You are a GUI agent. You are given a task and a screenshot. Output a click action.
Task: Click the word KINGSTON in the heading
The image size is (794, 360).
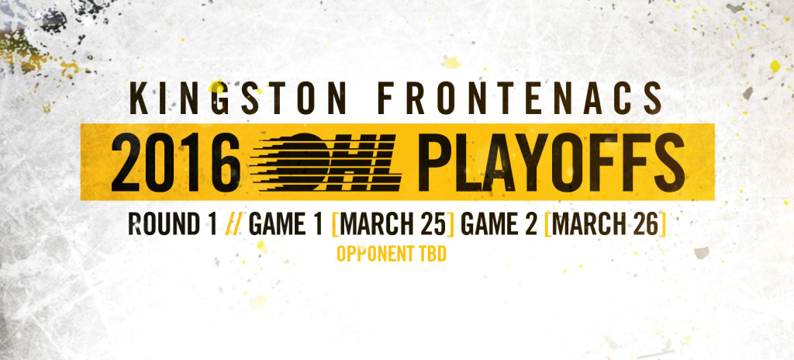pyautogui.click(x=237, y=99)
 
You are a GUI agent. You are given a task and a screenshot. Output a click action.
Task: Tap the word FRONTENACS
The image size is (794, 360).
pyautogui.click(x=521, y=99)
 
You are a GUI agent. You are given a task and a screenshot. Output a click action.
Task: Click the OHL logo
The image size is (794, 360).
pyautogui.click(x=326, y=161)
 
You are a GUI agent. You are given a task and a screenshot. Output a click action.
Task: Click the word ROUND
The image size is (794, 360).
pyautogui.click(x=164, y=224)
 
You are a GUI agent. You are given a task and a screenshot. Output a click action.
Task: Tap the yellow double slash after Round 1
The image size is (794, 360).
pyautogui.click(x=233, y=224)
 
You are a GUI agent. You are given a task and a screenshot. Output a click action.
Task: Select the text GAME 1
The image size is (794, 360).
pyautogui.click(x=285, y=224)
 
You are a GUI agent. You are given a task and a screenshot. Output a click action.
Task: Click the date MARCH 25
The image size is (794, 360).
pyautogui.click(x=392, y=224)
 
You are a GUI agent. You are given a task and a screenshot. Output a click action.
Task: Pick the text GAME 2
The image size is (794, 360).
pyautogui.click(x=499, y=224)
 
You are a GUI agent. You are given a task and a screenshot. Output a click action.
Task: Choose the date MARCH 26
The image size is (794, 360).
pyautogui.click(x=605, y=224)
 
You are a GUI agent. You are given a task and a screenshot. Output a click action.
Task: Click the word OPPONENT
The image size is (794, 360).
pyautogui.click(x=375, y=254)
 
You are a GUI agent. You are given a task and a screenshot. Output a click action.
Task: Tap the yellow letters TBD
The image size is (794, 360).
pyautogui.click(x=433, y=254)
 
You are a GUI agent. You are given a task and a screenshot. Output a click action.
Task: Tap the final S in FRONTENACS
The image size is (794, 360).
pyautogui.click(x=653, y=99)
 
